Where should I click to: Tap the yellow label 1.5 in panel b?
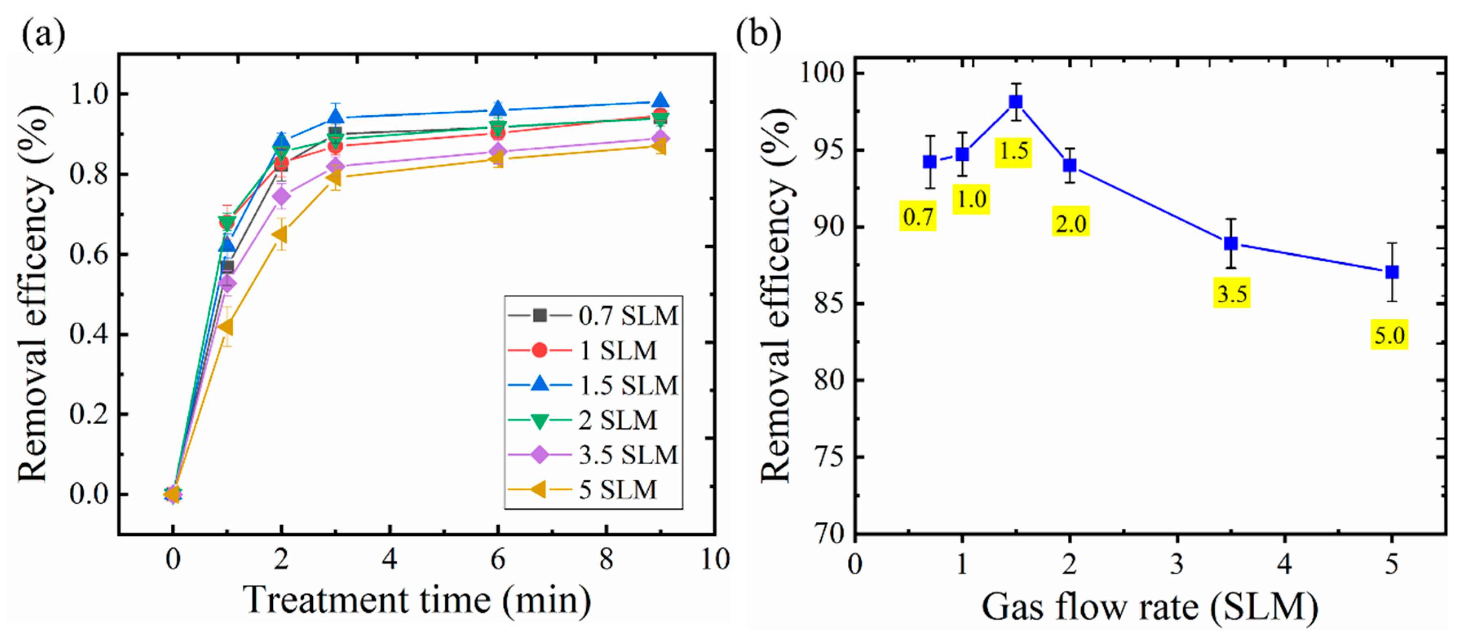(x=1013, y=152)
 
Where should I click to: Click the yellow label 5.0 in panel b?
(x=1389, y=335)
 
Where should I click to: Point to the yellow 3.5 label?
(x=1232, y=293)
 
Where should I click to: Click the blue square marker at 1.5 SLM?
(x=1015, y=102)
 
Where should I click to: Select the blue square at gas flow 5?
(x=1391, y=272)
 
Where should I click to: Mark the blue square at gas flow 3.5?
(x=1231, y=243)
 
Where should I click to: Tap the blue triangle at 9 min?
(x=660, y=101)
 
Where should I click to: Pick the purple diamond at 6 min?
(x=497, y=152)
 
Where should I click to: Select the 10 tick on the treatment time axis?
(x=714, y=560)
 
